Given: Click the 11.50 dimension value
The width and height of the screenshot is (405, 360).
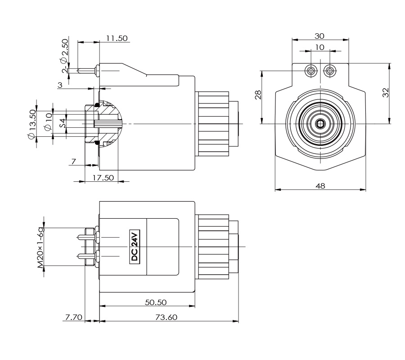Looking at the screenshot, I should pyautogui.click(x=116, y=38).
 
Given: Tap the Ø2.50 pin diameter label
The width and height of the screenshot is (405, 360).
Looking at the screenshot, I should pyautogui.click(x=64, y=50).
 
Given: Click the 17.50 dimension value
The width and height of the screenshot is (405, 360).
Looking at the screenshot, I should pyautogui.click(x=103, y=177).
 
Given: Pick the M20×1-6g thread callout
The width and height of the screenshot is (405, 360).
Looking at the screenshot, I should pyautogui.click(x=41, y=247).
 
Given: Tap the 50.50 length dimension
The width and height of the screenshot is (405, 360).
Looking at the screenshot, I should pyautogui.click(x=156, y=302).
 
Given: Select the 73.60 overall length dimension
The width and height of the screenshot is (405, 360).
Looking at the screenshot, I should pyautogui.click(x=166, y=317).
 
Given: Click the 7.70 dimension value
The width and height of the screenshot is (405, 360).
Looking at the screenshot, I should pyautogui.click(x=73, y=317).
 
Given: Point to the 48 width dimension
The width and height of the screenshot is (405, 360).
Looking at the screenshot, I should pyautogui.click(x=320, y=185).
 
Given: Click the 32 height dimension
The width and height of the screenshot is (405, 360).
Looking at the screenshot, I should pyautogui.click(x=385, y=93).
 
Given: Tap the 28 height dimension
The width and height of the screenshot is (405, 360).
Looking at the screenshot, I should pyautogui.click(x=258, y=95).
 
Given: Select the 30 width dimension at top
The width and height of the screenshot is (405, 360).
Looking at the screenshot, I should pyautogui.click(x=320, y=36).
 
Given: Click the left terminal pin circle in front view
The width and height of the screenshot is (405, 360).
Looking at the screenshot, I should pyautogui.click(x=310, y=70).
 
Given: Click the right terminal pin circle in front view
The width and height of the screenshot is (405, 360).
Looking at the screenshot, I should pyautogui.click(x=330, y=70).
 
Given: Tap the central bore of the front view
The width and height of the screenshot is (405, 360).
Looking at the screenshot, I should pyautogui.click(x=320, y=123).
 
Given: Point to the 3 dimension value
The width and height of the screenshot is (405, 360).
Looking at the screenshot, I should pyautogui.click(x=60, y=85).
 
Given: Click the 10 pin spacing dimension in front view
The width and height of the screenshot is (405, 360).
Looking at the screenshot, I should pyautogui.click(x=320, y=47).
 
